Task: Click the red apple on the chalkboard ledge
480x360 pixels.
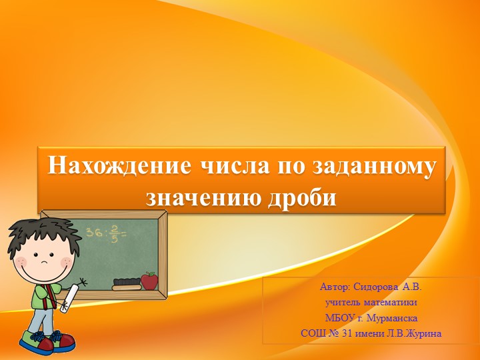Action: click(150, 281)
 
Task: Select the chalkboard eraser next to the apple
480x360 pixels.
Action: click(127, 284)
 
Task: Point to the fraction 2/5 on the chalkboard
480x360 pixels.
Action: click(114, 233)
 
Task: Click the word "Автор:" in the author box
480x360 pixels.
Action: click(335, 287)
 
